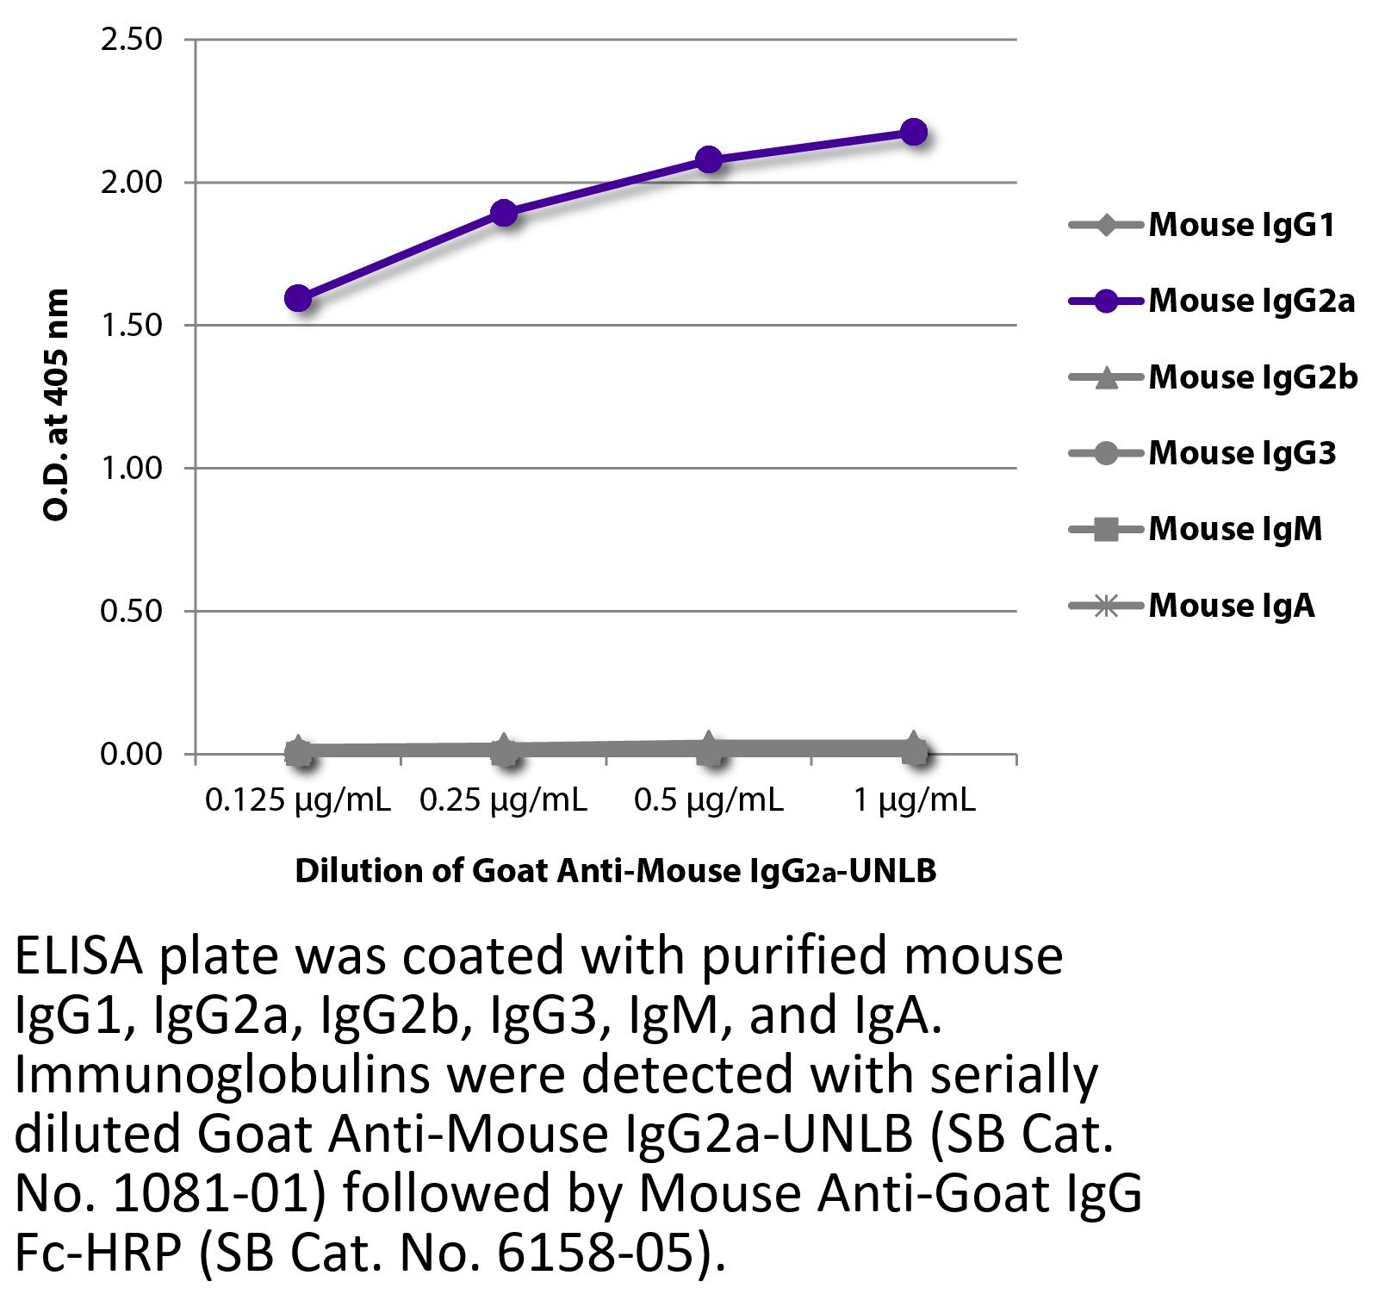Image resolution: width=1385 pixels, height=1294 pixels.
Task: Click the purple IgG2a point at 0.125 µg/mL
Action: (297, 298)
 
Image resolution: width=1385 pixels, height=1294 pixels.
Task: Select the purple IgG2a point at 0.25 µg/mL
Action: (504, 212)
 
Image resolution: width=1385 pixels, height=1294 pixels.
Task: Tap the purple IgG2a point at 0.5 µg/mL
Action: (708, 159)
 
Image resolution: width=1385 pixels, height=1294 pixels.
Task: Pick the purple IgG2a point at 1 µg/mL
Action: (914, 132)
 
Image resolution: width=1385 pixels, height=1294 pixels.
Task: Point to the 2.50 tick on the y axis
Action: (131, 40)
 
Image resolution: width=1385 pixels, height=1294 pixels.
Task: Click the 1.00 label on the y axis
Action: (131, 468)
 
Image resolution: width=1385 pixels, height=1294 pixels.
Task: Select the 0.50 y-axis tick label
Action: (131, 611)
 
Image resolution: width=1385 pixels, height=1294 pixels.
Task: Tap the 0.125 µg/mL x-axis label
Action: (297, 801)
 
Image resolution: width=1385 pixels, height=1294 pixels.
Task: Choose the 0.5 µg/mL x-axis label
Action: (708, 801)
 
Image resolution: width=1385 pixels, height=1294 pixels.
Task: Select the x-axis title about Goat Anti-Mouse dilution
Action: (615, 871)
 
